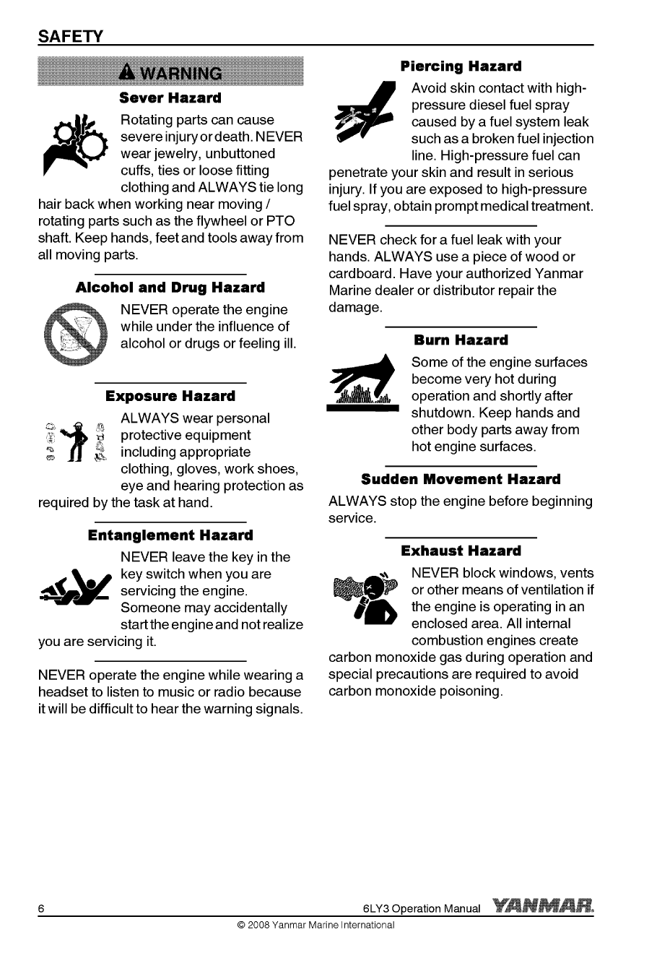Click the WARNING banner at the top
click(172, 73)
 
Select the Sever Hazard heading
click(170, 97)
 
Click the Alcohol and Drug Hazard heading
click(170, 288)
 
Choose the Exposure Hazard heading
click(170, 396)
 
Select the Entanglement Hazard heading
click(170, 535)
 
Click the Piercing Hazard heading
click(461, 66)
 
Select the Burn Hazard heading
click(461, 340)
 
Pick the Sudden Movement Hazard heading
click(461, 479)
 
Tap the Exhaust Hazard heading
click(461, 551)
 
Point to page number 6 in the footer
click(43, 908)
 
